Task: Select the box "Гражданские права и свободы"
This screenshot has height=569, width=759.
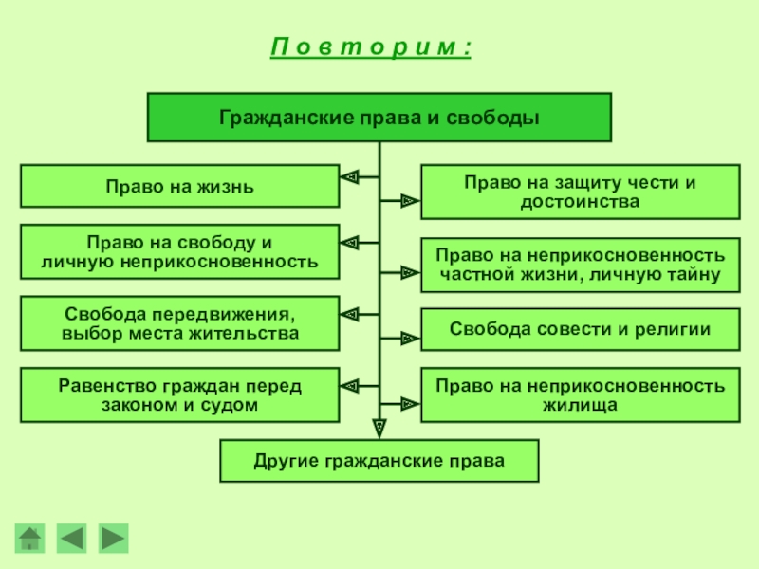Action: pyautogui.click(x=379, y=119)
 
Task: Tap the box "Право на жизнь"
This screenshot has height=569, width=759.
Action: pyautogui.click(x=179, y=186)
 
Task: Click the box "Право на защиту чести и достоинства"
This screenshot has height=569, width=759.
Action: pyautogui.click(x=580, y=192)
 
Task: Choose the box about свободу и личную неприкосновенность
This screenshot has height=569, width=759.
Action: pyautogui.click(x=179, y=251)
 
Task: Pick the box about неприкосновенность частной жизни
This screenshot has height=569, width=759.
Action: pyautogui.click(x=580, y=265)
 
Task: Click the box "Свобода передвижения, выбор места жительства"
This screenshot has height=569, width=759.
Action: pyautogui.click(x=179, y=323)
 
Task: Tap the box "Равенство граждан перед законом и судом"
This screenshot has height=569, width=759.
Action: pyautogui.click(x=179, y=395)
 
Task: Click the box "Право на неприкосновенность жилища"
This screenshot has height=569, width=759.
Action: pyautogui.click(x=580, y=395)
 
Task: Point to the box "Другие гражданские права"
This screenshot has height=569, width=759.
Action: pyautogui.click(x=379, y=461)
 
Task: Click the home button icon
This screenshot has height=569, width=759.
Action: pyautogui.click(x=31, y=538)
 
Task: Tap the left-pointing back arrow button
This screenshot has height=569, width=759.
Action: pyautogui.click(x=72, y=538)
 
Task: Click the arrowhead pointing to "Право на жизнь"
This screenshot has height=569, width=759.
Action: pyautogui.click(x=349, y=175)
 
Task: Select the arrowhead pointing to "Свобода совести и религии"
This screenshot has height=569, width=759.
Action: pyautogui.click(x=408, y=337)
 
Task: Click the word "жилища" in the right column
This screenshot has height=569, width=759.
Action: pyautogui.click(x=580, y=405)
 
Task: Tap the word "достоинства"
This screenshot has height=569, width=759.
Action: pyautogui.click(x=580, y=202)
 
